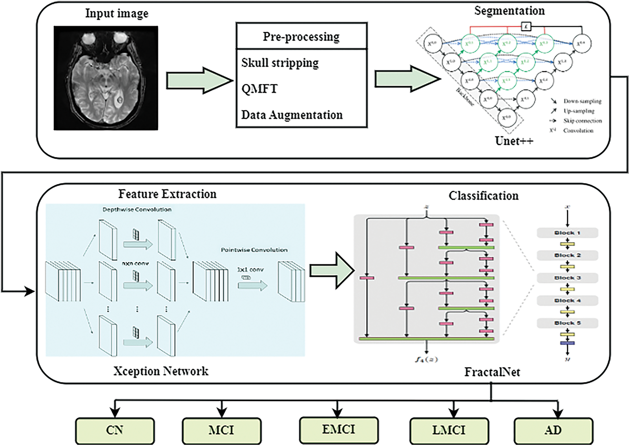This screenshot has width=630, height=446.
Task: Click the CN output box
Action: point(115,431)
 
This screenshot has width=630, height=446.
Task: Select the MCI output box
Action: point(222,431)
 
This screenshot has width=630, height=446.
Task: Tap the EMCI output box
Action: point(338,430)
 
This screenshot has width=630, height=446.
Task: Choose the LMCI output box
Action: point(449,431)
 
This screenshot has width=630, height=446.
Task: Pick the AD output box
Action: point(553,431)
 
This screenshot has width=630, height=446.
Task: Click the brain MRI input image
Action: point(106,78)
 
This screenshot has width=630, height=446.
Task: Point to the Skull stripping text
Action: point(280,63)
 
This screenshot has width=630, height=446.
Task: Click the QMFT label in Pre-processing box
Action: point(259,89)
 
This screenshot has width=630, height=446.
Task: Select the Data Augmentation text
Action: point(292,115)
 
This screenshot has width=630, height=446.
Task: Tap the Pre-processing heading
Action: point(301,37)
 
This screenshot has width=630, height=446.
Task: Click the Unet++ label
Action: point(514,141)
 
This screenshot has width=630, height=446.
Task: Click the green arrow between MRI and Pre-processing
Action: point(199,80)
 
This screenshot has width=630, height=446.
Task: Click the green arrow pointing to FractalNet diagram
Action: point(332,271)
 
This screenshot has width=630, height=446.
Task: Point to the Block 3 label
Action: point(567,278)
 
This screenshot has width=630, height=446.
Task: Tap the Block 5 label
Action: point(567,323)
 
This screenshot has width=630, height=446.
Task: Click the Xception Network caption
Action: point(161,371)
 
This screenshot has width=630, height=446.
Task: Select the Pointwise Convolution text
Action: point(254,250)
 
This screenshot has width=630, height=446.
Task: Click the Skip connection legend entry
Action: point(582,121)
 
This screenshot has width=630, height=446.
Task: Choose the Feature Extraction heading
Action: point(167,194)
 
